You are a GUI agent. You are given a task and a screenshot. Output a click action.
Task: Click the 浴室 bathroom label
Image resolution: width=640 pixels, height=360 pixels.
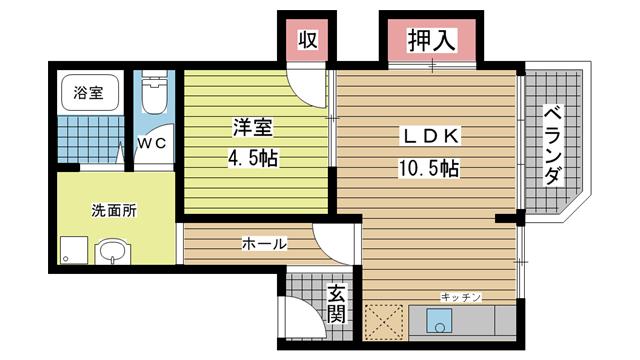point(88,94)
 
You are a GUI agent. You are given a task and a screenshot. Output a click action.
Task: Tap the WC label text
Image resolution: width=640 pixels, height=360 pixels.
point(152,143)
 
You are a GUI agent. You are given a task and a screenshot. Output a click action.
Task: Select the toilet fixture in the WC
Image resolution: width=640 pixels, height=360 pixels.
point(153,96)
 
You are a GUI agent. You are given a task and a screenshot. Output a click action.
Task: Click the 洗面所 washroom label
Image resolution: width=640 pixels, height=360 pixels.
point(114,210)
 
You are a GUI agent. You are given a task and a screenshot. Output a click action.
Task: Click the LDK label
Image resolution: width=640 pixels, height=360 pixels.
point(431,137)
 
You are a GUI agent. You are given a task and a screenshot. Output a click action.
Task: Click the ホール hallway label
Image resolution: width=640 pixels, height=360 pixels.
point(265,243)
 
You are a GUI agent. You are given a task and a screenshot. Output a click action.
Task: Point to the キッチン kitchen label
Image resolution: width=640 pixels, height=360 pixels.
point(462,297)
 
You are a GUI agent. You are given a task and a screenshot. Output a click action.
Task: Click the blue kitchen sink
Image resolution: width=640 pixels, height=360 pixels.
point(437,322)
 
